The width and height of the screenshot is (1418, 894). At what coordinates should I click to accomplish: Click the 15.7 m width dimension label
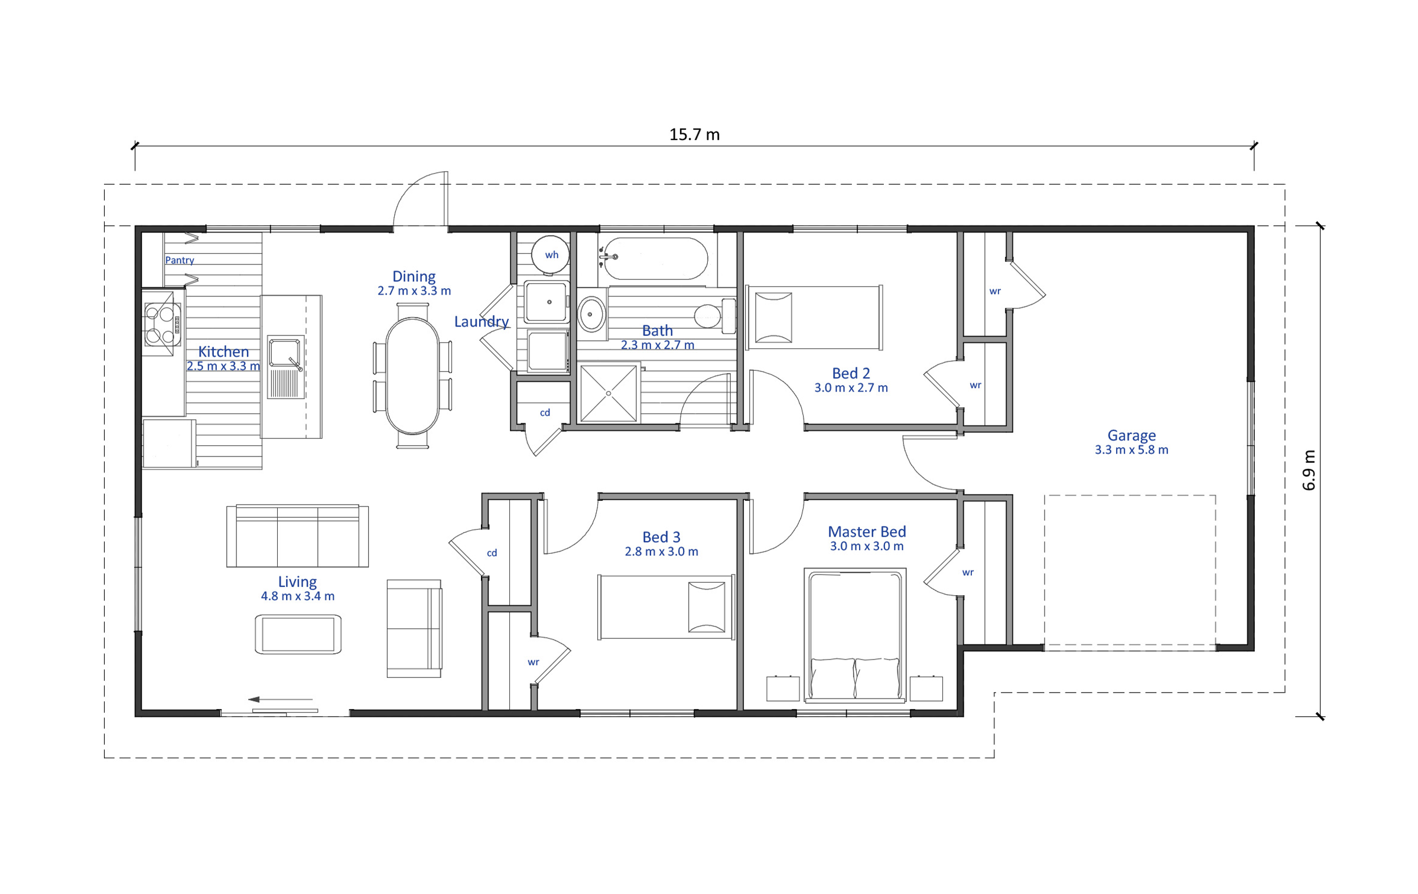tap(694, 135)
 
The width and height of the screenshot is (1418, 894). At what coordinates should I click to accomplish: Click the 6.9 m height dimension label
tap(1309, 470)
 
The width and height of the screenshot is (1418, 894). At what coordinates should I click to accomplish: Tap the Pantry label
tap(180, 260)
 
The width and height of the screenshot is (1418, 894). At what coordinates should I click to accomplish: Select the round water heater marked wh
tap(550, 255)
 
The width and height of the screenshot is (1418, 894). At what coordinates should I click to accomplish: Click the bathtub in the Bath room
tap(655, 259)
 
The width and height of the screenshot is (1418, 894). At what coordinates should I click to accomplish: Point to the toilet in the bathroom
tap(714, 316)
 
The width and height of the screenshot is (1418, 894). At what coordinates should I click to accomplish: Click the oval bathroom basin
tap(591, 314)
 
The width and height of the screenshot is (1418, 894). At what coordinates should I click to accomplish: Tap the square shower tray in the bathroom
tap(608, 393)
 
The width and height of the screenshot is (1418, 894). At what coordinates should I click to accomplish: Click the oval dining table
tap(412, 376)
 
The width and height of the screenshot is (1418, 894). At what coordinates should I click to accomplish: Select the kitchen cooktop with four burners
tap(162, 324)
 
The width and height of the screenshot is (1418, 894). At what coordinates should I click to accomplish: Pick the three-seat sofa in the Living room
tap(297, 536)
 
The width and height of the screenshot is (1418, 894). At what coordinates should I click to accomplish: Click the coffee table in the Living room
tap(298, 634)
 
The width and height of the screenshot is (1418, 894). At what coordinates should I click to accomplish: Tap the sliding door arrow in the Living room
tap(280, 699)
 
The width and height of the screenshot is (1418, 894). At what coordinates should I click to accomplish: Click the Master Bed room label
tap(867, 531)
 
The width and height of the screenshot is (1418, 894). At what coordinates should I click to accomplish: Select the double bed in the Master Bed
tap(855, 635)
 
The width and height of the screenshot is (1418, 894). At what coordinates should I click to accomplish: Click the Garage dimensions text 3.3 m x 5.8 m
tap(1131, 450)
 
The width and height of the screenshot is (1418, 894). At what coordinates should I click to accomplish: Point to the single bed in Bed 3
tap(666, 607)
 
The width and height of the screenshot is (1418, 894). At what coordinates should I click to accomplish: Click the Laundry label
tap(481, 322)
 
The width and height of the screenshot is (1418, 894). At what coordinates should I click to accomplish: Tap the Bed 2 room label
tap(851, 373)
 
